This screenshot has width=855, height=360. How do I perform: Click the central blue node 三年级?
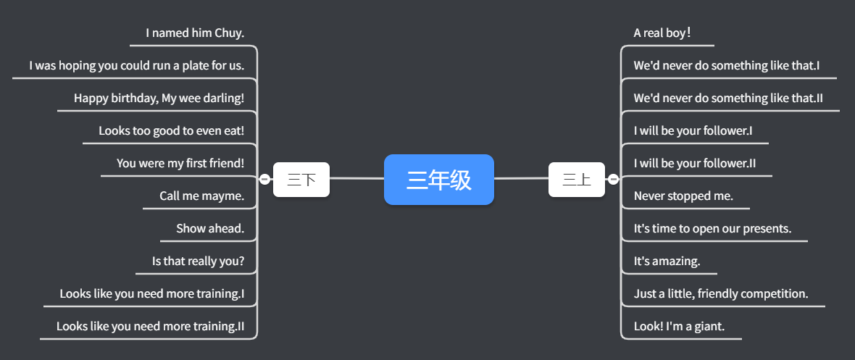[438, 180]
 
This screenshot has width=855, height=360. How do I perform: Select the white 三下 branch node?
[301, 180]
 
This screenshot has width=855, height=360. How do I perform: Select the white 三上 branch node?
[576, 180]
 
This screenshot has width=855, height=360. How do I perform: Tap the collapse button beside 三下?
[264, 180]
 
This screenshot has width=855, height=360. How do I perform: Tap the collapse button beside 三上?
[613, 180]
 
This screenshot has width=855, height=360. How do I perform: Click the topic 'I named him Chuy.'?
[195, 33]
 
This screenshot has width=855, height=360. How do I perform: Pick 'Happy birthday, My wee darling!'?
[159, 98]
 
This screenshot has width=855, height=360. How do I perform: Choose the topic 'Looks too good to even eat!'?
[171, 131]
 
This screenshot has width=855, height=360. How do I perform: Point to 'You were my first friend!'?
[180, 164]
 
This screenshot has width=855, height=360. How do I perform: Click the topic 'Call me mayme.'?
[201, 196]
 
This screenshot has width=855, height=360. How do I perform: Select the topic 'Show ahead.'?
[210, 229]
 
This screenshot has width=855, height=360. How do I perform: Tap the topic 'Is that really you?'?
[198, 261]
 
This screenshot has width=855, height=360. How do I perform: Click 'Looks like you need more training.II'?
[150, 327]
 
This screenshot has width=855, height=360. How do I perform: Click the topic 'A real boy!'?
[662, 33]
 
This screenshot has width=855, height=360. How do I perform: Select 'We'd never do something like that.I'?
[726, 66]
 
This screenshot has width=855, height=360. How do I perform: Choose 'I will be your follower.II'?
[694, 164]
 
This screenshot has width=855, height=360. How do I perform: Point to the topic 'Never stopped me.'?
[683, 196]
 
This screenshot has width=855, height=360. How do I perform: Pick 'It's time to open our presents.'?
[712, 229]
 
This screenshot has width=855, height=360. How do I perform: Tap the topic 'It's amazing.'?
[667, 261]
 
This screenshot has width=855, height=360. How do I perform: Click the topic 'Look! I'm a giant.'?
[679, 327]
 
